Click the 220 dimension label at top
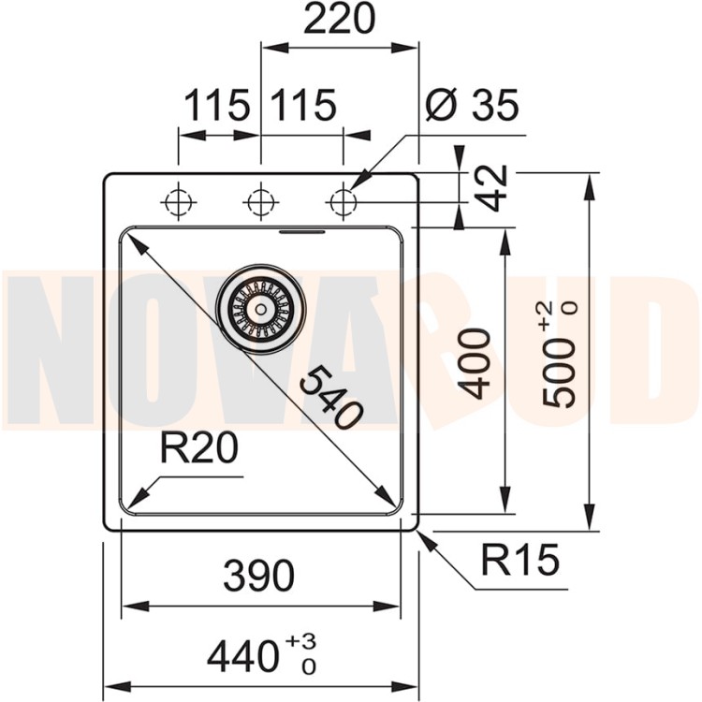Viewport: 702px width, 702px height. tap(338, 20)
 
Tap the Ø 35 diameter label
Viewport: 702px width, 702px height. tap(471, 106)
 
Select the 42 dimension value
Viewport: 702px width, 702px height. tap(493, 187)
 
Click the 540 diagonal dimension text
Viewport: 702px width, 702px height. tap(331, 398)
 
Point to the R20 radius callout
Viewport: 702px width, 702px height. tap(198, 450)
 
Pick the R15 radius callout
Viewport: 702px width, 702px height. tap(520, 561)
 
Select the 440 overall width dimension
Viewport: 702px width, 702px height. tap(246, 656)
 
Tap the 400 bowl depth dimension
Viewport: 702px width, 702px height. tap(476, 363)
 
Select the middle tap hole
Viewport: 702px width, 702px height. tap(260, 201)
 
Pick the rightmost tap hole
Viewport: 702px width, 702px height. tap(343, 201)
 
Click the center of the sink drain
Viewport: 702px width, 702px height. tap(260, 307)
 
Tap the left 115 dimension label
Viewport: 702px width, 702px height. tap(216, 106)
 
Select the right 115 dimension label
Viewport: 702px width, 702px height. tap(303, 106)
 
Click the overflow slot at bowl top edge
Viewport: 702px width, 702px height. tap(302, 230)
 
